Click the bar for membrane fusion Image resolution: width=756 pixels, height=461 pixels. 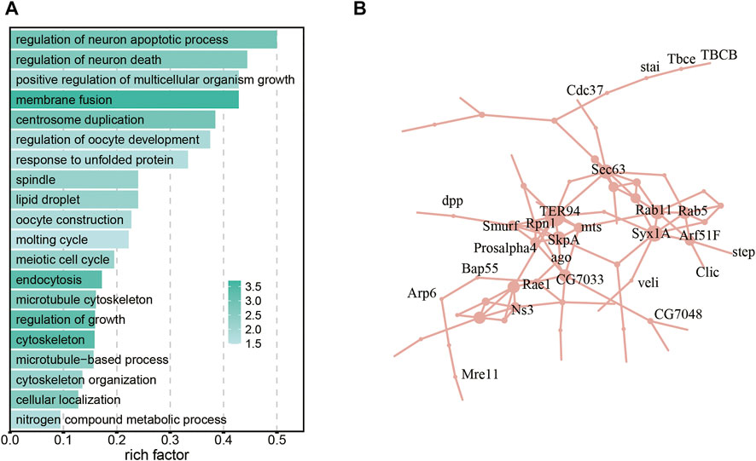(124, 101)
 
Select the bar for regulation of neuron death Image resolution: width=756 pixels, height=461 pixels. (128, 60)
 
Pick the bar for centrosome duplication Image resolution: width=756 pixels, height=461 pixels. (112, 120)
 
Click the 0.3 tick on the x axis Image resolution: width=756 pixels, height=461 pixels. (170, 441)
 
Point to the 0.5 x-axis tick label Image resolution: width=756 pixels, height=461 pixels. (276, 441)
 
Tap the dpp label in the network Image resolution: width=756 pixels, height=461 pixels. (452, 201)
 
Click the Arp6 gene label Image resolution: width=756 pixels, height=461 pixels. (422, 294)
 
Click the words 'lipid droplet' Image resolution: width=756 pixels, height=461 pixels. (52, 199)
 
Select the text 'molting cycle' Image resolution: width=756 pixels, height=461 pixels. (55, 239)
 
